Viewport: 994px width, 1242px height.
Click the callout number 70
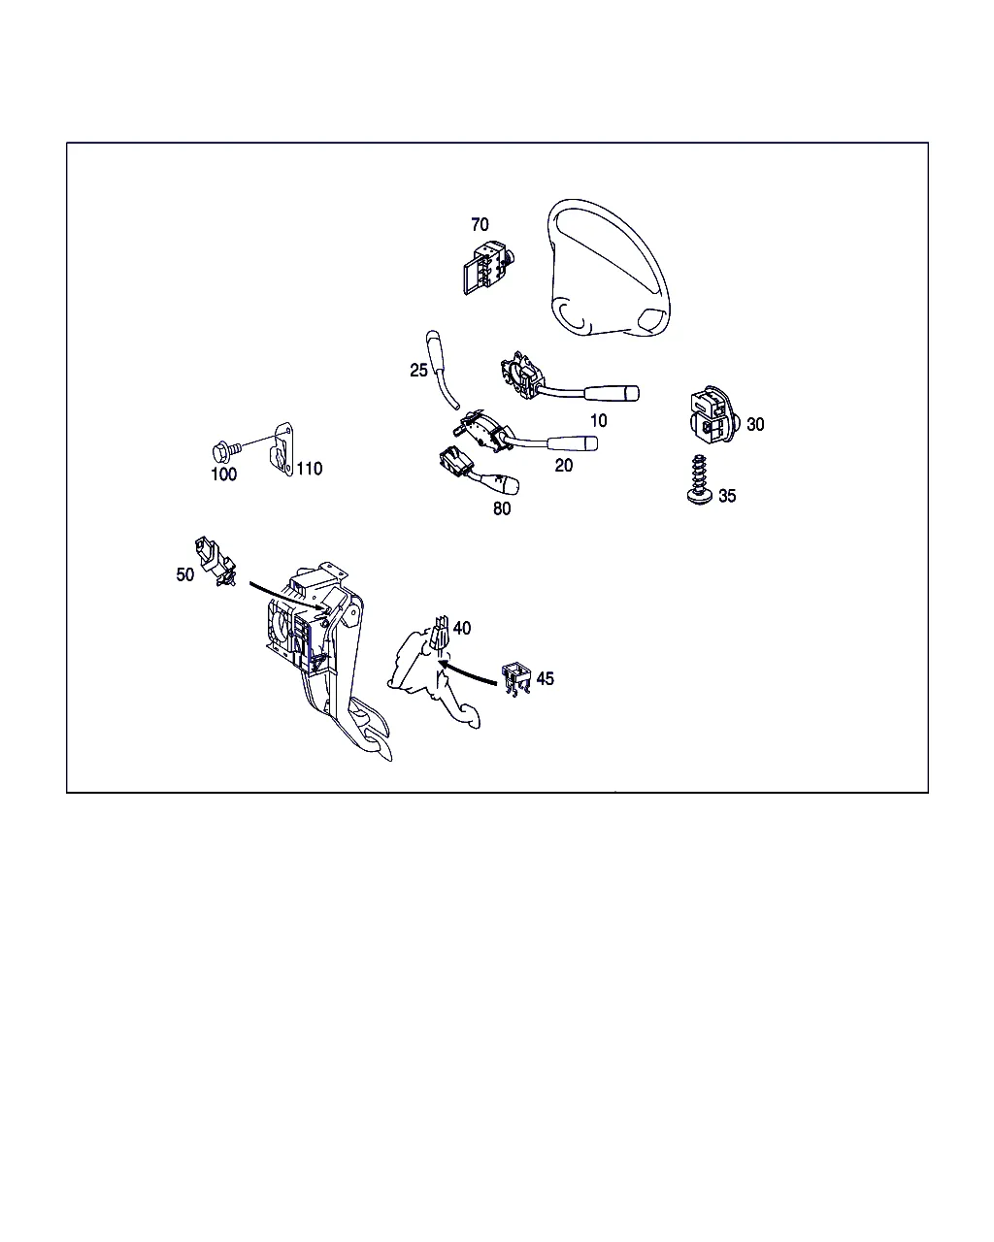(x=480, y=224)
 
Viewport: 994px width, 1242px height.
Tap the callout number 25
(x=418, y=370)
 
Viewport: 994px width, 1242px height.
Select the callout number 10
(x=598, y=421)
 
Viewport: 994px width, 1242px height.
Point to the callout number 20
(x=564, y=465)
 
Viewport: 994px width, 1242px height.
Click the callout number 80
(x=502, y=508)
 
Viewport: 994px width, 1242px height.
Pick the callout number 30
(x=755, y=424)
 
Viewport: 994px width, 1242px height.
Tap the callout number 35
(x=727, y=496)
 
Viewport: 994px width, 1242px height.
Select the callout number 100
(x=223, y=474)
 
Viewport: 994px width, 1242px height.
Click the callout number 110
(x=310, y=469)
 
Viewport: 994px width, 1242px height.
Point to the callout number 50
(x=184, y=574)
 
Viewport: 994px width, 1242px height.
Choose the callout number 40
(x=462, y=628)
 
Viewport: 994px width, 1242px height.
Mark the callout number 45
(x=546, y=678)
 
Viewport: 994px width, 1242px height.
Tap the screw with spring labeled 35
(x=699, y=479)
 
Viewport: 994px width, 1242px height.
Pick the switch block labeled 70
(x=488, y=267)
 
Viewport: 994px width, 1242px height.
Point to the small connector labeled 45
(x=516, y=677)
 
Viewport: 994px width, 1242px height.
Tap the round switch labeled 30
(x=712, y=414)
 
